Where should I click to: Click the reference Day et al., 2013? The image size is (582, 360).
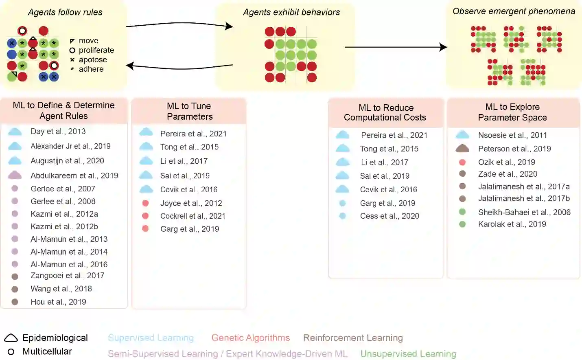58,131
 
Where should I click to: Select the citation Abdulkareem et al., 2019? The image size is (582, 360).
74,176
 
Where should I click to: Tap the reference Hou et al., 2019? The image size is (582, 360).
58,302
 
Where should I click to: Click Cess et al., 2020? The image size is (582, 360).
389,216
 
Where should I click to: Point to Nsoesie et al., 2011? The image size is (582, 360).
512,135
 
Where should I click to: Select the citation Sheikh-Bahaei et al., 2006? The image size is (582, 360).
524,212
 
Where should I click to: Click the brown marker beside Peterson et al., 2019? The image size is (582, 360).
462,149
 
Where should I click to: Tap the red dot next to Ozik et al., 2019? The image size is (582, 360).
462,162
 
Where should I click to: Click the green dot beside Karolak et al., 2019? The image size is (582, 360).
462,224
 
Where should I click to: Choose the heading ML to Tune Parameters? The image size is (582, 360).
189,111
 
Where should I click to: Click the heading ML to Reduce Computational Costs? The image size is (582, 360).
385,112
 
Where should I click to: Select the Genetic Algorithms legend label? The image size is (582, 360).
250,338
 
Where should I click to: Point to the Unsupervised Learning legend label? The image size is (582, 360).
408,353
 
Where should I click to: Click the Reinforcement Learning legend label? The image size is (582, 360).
353,338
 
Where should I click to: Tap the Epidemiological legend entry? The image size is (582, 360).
55,338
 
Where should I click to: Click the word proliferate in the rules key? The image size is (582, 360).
96,50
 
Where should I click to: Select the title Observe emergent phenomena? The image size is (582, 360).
514,11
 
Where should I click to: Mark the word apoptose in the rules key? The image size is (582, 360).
93,59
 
